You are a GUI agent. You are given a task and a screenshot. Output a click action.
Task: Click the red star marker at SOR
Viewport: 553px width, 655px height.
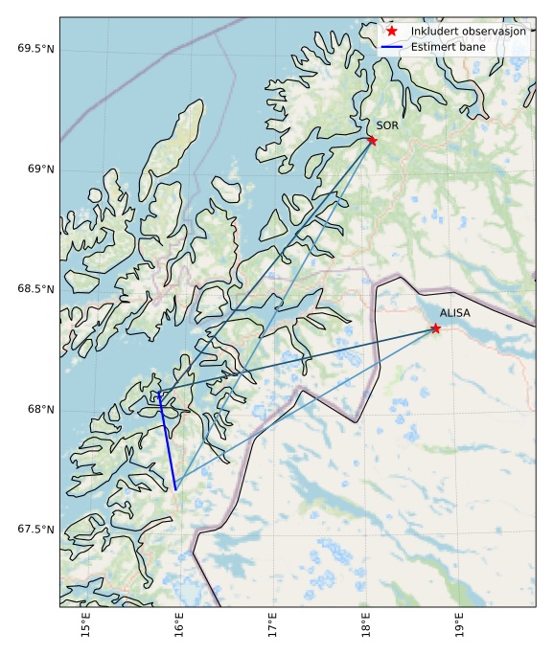click(x=372, y=141)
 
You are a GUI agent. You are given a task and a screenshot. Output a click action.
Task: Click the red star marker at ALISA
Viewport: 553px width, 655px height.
click(x=435, y=328)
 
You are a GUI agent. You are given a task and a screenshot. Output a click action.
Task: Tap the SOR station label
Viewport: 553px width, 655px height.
click(x=387, y=125)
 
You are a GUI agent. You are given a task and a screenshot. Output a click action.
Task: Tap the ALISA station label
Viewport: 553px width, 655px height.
click(x=455, y=313)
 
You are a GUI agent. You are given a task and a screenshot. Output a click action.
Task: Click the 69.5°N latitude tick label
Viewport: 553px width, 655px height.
click(x=35, y=49)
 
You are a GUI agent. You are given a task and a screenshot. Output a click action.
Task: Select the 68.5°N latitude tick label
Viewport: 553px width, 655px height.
click(x=35, y=289)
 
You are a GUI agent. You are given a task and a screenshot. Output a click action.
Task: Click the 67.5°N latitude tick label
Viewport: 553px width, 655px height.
click(x=35, y=530)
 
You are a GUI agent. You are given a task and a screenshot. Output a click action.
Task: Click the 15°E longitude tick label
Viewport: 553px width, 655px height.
click(x=87, y=627)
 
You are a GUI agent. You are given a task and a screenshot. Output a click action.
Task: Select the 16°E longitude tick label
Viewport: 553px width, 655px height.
click(x=179, y=627)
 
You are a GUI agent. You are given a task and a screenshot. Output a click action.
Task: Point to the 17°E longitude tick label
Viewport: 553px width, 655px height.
click(x=272, y=627)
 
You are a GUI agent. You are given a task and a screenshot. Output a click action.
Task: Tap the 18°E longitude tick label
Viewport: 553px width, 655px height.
click(x=365, y=627)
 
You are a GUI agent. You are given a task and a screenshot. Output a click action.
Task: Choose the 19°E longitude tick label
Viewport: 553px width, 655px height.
click(x=458, y=627)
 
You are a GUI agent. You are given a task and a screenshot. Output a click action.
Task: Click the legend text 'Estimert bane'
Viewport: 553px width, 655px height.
click(x=448, y=47)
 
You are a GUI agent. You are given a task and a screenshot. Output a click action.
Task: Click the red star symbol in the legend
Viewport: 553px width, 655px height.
click(x=392, y=32)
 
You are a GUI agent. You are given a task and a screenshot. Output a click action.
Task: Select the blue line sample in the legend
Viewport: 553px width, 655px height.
click(x=392, y=47)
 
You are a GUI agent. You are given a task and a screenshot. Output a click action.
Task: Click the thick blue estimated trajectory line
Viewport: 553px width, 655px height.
click(x=167, y=440)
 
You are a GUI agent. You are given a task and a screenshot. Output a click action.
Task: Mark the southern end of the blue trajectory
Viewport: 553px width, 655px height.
click(x=175, y=489)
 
